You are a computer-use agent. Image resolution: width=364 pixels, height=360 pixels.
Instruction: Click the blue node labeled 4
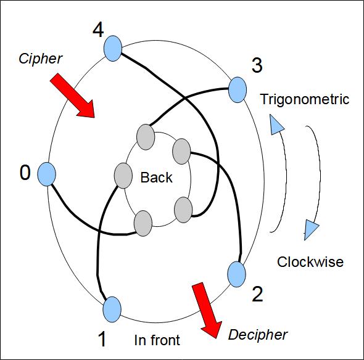click(x=112, y=49)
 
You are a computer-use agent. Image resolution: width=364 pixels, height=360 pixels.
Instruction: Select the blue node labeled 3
click(x=238, y=90)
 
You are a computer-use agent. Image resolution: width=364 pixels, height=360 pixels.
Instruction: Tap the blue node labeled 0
click(x=47, y=174)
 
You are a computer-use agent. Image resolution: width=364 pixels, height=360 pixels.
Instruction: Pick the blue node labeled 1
click(x=112, y=309)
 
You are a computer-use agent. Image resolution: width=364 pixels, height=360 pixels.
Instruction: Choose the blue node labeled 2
click(x=236, y=274)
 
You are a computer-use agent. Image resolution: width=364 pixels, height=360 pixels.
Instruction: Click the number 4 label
click(x=98, y=30)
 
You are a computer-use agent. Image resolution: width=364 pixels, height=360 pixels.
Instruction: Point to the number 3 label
click(x=257, y=65)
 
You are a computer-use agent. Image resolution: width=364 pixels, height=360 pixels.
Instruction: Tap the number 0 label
click(x=25, y=173)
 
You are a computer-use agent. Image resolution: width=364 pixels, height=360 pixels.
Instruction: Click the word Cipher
click(x=40, y=59)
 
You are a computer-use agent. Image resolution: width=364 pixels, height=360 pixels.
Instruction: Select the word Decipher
click(x=258, y=335)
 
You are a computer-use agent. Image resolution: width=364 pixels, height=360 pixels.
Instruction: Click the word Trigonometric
click(x=305, y=99)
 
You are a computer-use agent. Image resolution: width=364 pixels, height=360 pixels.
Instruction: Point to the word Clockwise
click(x=310, y=262)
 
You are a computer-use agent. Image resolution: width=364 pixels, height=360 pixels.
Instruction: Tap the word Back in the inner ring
click(x=157, y=178)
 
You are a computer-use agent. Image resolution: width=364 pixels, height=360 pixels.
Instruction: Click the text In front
click(x=157, y=340)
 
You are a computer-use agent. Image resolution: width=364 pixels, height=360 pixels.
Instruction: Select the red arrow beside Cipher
click(x=72, y=96)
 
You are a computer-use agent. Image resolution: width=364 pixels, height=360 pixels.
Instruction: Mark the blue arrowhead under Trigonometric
click(x=277, y=125)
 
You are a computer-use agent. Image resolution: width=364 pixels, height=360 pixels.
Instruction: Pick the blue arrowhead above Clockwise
click(x=311, y=230)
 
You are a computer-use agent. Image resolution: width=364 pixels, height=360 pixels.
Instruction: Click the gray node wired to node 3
click(x=146, y=137)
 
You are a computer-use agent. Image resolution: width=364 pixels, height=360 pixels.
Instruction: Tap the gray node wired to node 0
click(x=143, y=223)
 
